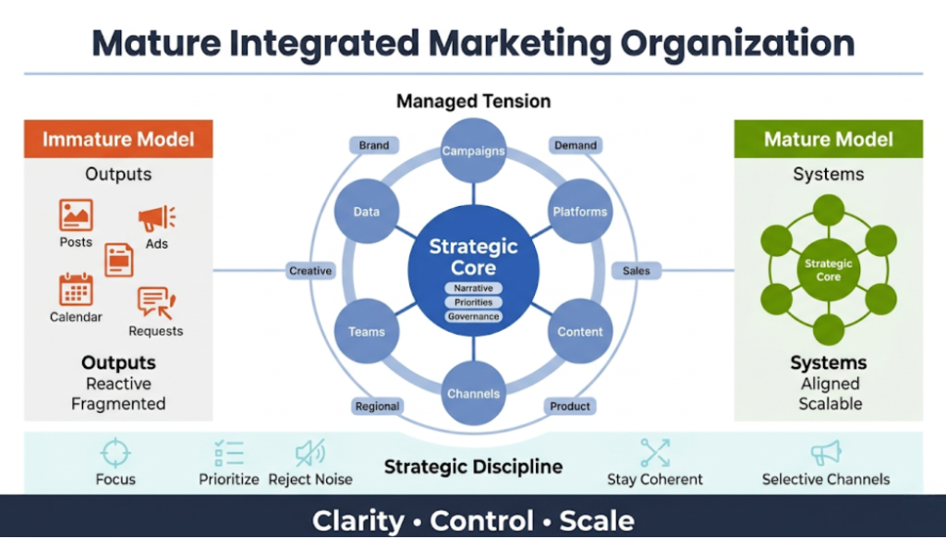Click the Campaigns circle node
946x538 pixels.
click(x=473, y=150)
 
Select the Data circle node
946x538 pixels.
click(x=366, y=212)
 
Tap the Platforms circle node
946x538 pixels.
click(x=580, y=212)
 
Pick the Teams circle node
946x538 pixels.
click(x=366, y=331)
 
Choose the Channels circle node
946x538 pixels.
click(x=473, y=393)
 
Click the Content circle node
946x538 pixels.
click(x=580, y=331)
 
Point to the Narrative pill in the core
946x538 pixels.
click(x=473, y=287)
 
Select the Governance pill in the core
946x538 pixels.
click(x=473, y=316)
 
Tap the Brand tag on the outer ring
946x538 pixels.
click(x=374, y=145)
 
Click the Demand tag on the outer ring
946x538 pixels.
click(x=575, y=145)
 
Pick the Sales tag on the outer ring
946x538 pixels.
click(x=636, y=271)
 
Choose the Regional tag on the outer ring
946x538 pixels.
click(x=377, y=406)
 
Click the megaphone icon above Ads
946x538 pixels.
click(x=156, y=219)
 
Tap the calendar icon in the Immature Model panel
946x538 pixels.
click(x=76, y=289)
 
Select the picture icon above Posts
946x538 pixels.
click(x=76, y=214)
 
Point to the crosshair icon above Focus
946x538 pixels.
click(x=115, y=453)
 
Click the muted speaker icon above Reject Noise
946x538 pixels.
click(x=309, y=453)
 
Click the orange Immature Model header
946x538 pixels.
click(x=118, y=140)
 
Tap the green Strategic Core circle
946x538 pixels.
click(x=829, y=270)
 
